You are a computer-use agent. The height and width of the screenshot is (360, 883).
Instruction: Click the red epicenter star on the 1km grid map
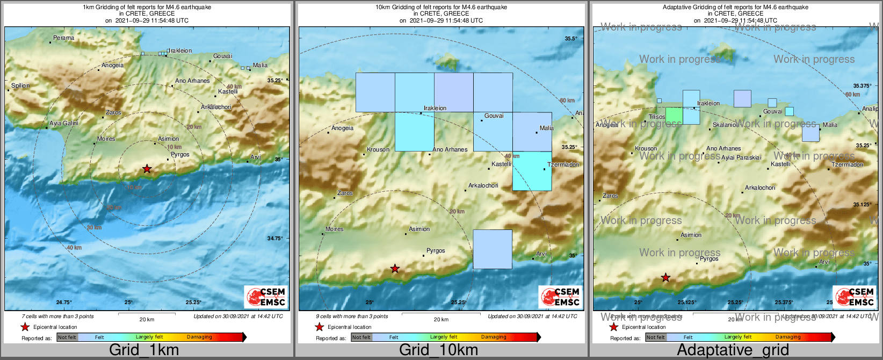147,169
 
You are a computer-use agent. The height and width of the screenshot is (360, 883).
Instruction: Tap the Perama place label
64,38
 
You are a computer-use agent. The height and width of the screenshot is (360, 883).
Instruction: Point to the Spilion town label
20,86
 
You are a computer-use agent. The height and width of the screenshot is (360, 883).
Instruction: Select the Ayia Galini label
64,124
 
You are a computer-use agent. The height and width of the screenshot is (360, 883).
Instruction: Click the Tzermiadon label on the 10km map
563,164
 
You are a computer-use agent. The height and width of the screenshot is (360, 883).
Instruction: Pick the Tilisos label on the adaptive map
657,117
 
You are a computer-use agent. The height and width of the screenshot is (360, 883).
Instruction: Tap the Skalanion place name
726,125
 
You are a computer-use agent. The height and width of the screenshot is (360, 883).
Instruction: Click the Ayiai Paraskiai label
741,158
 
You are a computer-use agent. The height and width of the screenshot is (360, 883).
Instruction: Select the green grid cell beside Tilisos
674,116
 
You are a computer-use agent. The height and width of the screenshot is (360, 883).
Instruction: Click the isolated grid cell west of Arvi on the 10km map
493,249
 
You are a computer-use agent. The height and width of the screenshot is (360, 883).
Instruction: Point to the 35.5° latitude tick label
571,39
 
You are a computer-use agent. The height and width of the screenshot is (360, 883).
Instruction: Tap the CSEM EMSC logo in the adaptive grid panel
854,297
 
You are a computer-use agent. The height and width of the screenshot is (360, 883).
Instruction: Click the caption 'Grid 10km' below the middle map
438,350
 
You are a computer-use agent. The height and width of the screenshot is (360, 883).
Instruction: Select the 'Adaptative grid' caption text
733,350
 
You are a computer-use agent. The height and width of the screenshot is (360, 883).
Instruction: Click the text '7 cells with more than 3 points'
57,316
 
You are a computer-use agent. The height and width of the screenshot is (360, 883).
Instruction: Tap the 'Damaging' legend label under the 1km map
199,337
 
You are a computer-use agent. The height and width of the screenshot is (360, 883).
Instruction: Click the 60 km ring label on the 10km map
567,100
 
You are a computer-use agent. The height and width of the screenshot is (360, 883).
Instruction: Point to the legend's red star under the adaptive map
613,327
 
